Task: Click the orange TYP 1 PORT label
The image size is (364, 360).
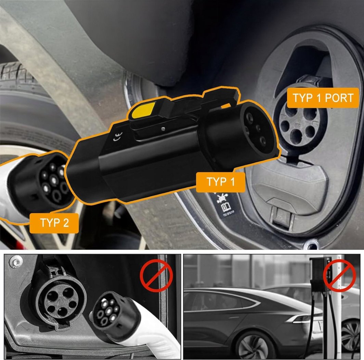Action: (323, 98)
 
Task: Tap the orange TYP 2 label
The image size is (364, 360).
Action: (54, 223)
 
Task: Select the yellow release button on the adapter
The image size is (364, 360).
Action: (143, 110)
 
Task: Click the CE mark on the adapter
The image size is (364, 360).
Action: (118, 137)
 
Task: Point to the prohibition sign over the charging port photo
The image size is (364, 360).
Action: (156, 276)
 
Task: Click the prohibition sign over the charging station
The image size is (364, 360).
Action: (339, 276)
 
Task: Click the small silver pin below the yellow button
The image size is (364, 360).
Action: (164, 128)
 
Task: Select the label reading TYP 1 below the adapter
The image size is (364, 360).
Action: (221, 182)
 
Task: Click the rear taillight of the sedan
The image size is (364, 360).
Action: (303, 319)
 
